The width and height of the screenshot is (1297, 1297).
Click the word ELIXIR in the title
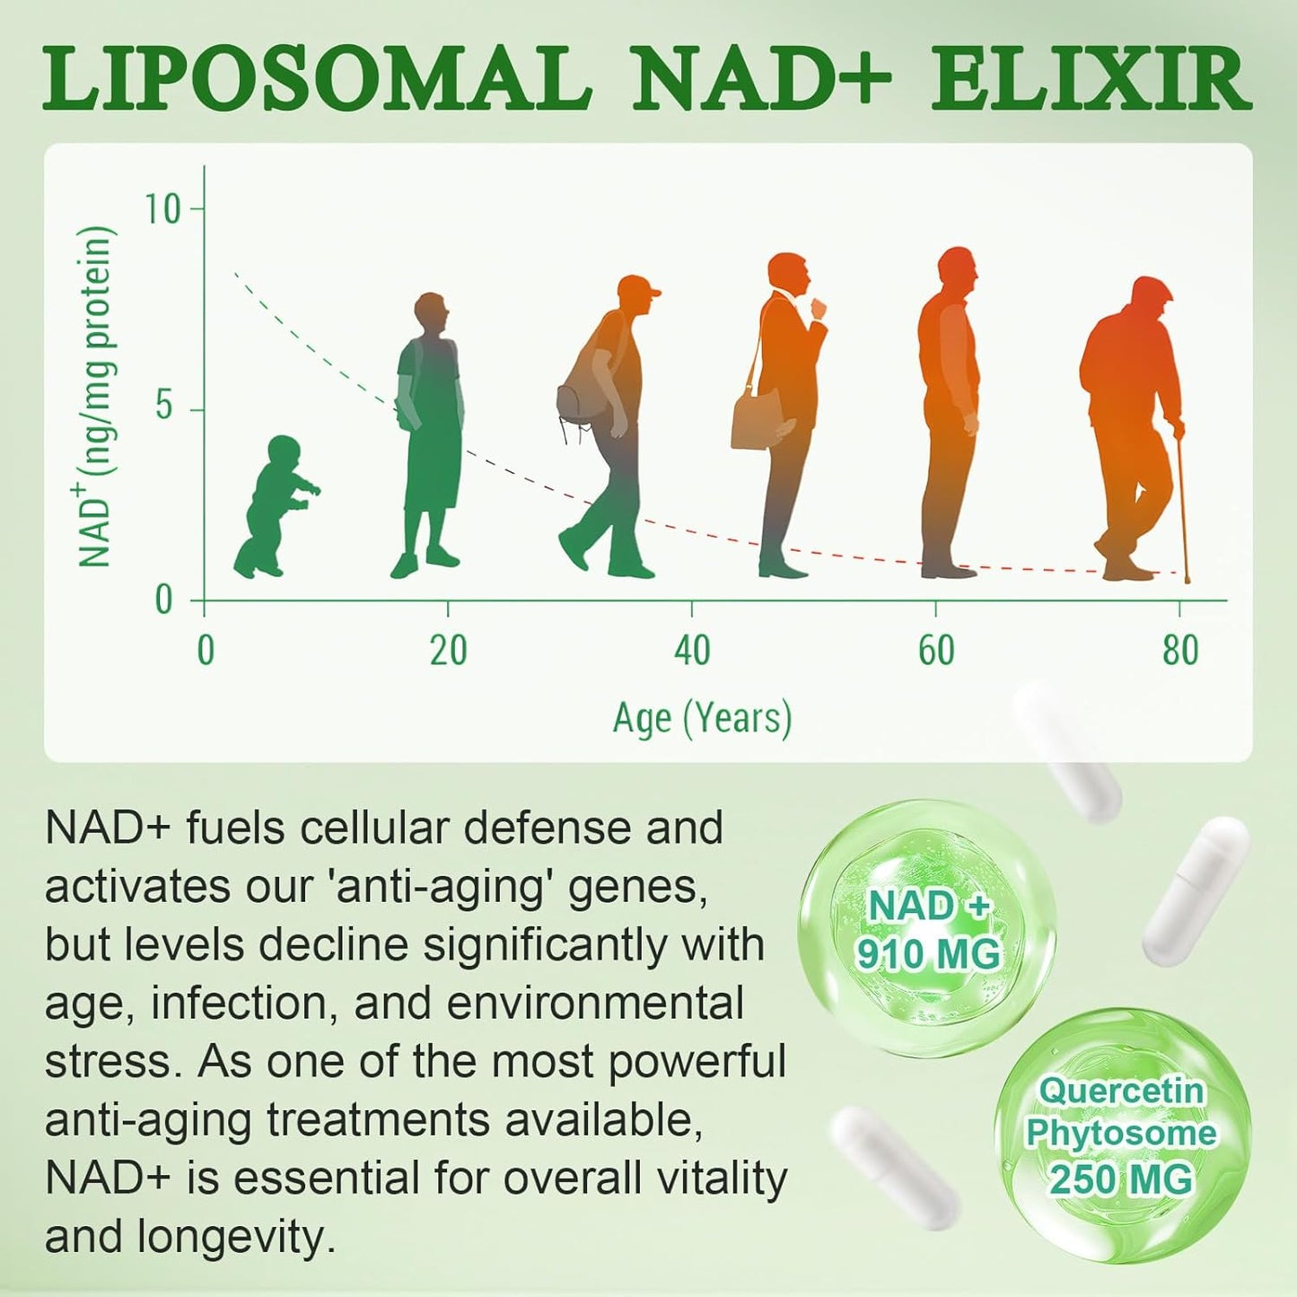click(1090, 80)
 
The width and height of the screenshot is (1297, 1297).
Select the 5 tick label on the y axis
click(163, 407)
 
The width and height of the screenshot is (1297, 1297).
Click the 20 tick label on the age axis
click(448, 651)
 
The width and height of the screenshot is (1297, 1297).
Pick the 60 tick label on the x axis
click(936, 651)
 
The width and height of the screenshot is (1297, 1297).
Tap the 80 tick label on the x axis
click(1180, 651)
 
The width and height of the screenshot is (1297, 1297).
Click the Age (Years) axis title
click(702, 719)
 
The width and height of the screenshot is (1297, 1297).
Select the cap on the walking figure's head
click(639, 288)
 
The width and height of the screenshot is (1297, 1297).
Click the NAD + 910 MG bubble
click(927, 929)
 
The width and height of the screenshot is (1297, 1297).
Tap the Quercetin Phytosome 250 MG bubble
click(1121, 1135)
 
